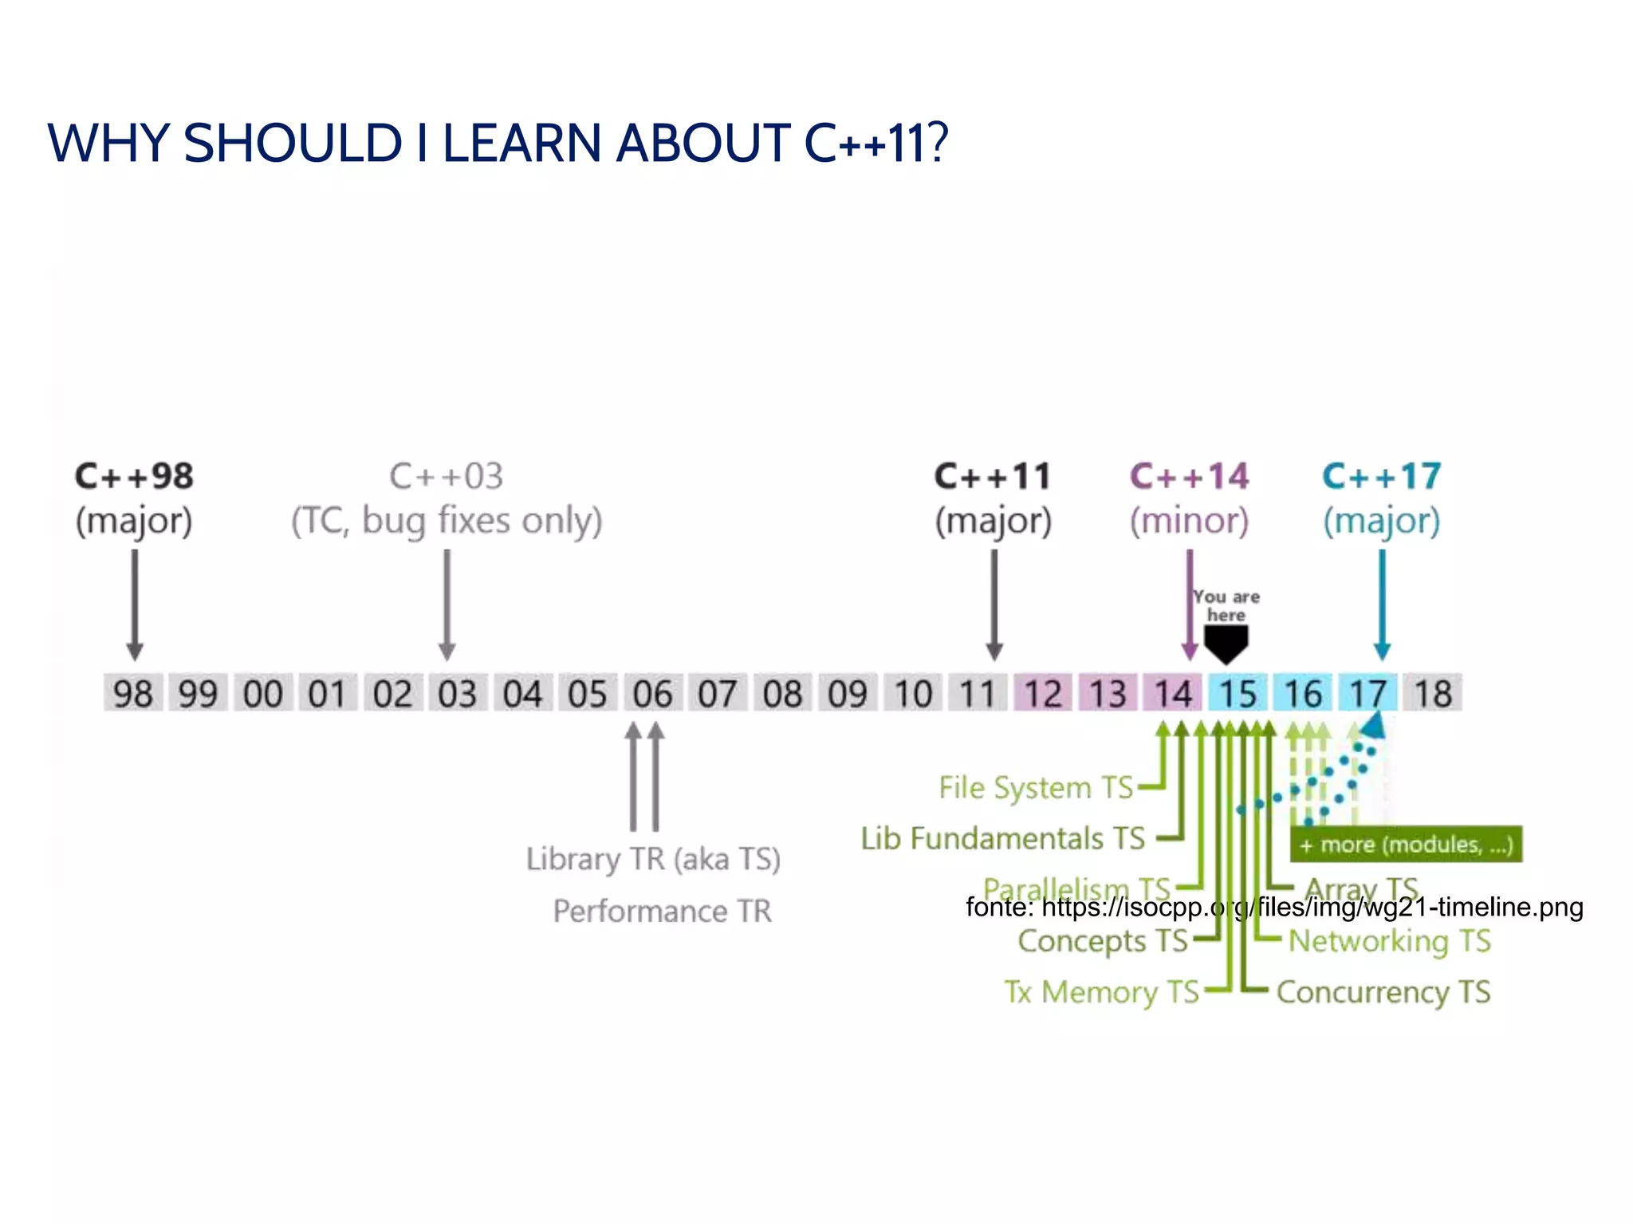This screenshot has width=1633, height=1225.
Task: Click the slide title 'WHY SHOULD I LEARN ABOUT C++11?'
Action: (498, 144)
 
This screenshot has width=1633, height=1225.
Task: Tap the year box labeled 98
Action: (133, 693)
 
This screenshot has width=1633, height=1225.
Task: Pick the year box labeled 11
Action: (978, 693)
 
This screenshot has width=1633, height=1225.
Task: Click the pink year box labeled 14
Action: (1173, 693)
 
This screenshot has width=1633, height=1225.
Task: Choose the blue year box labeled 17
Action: (1367, 693)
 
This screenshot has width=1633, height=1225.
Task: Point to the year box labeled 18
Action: (1433, 693)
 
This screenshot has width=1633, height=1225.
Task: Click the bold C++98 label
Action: (134, 477)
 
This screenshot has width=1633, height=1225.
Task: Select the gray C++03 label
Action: (447, 477)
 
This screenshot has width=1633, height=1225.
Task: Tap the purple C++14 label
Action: (1189, 477)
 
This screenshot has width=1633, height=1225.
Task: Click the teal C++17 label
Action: (1382, 477)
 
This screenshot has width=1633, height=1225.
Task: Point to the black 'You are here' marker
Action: (1226, 642)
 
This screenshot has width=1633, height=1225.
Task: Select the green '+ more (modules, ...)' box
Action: (1406, 845)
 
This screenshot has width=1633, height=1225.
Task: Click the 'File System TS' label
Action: (1036, 788)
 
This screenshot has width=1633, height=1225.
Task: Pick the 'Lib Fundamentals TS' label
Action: (1003, 839)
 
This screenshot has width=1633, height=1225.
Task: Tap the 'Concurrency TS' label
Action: (1383, 992)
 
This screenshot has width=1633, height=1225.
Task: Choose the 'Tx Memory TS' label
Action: (1102, 992)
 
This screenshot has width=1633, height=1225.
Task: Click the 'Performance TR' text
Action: (663, 911)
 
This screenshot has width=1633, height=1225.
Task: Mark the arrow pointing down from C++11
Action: (994, 606)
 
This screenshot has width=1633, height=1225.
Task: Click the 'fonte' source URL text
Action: (1274, 908)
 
